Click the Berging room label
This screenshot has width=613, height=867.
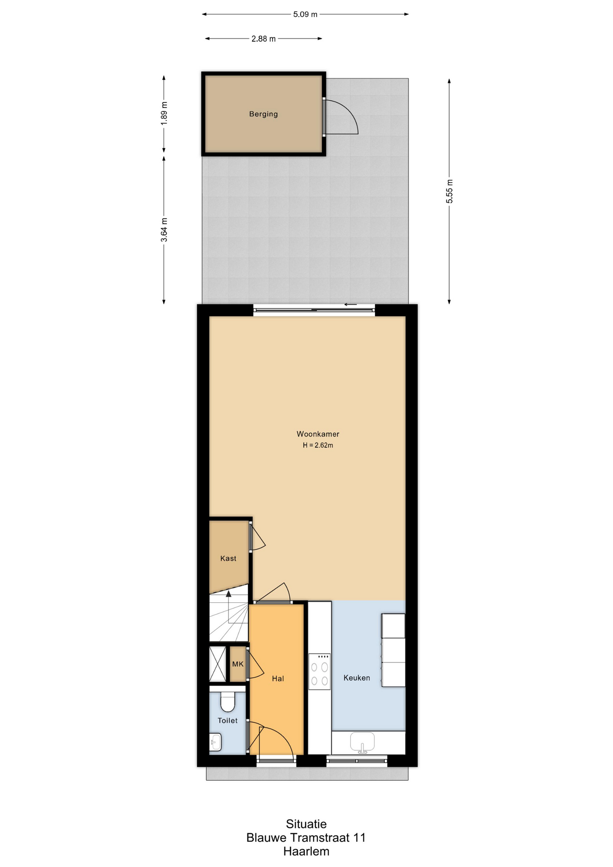pyautogui.click(x=263, y=114)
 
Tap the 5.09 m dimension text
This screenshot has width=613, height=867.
pyautogui.click(x=305, y=14)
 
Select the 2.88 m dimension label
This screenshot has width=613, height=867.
pyautogui.click(x=263, y=39)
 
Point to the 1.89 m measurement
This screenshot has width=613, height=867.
pyautogui.click(x=164, y=113)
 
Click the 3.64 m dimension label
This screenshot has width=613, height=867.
pyautogui.click(x=164, y=230)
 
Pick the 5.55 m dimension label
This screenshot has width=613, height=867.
pyautogui.click(x=450, y=191)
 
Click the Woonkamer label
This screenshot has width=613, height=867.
pyautogui.click(x=318, y=434)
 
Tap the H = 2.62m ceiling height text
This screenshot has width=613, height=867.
pyautogui.click(x=318, y=445)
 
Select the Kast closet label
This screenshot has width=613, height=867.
pyautogui.click(x=228, y=559)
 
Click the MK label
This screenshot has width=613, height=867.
pyautogui.click(x=237, y=664)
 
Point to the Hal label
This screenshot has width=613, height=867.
pyautogui.click(x=278, y=679)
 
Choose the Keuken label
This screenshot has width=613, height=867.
pyautogui.click(x=357, y=678)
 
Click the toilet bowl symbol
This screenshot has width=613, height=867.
pyautogui.click(x=228, y=701)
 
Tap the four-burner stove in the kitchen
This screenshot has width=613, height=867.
pyautogui.click(x=319, y=671)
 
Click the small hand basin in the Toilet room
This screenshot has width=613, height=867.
pyautogui.click(x=215, y=742)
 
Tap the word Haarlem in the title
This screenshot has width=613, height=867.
pyautogui.click(x=306, y=852)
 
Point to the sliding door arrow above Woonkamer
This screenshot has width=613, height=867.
pyautogui.click(x=351, y=304)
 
